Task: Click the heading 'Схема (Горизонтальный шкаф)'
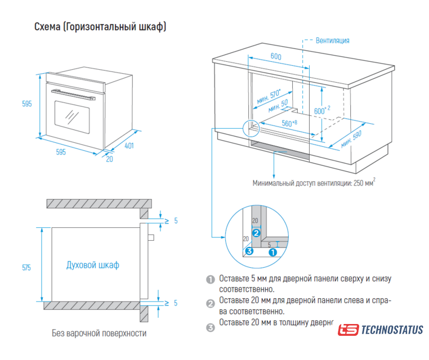(101, 26)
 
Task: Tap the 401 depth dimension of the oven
(129, 146)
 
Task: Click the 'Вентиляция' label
(332, 40)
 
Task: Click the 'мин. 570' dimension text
(268, 97)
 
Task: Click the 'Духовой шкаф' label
(93, 265)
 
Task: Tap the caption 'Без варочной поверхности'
(99, 333)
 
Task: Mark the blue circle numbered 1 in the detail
(272, 252)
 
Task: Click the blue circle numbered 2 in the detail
(256, 232)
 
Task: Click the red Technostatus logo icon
(347, 330)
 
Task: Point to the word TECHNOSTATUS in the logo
(392, 330)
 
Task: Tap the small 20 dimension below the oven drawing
(110, 158)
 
